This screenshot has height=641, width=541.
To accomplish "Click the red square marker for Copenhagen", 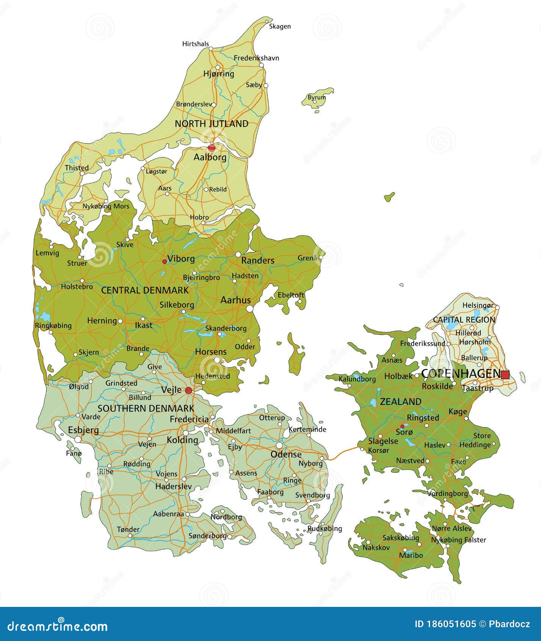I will [505, 375].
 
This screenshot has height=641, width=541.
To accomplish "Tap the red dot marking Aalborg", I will [212, 147].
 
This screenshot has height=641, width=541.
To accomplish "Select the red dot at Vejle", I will [188, 390].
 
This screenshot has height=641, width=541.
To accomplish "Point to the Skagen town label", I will [280, 26].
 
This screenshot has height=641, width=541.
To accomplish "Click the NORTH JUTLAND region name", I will [212, 124].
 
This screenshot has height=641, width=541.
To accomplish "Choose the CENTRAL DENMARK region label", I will [145, 291].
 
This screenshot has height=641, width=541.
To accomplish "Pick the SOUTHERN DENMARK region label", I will [146, 408].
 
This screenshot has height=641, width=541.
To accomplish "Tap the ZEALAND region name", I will [400, 402].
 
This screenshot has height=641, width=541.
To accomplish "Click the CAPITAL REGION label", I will [464, 320].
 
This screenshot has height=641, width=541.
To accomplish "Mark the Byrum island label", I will [317, 97].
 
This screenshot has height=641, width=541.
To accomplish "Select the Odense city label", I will [286, 454].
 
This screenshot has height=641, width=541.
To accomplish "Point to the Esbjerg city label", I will [83, 430].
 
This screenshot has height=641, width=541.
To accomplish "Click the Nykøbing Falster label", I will [458, 540].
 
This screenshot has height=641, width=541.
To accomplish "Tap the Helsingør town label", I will [478, 305].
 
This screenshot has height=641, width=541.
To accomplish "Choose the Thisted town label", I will [77, 168].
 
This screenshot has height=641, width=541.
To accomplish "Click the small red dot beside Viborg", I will [165, 261].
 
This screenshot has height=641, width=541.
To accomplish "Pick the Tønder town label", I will [128, 529].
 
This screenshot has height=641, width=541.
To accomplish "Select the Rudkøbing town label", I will [325, 528].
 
